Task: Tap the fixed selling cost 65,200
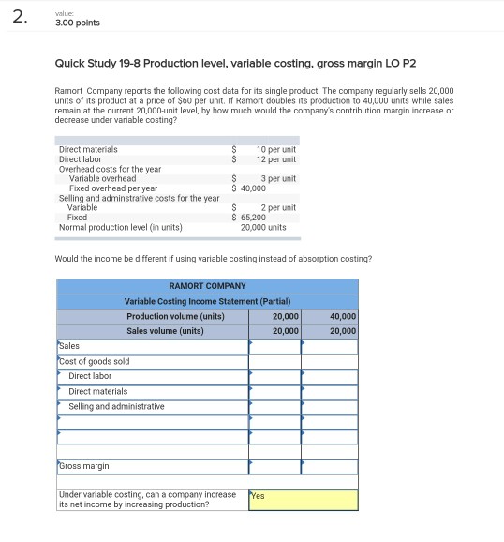click(250, 217)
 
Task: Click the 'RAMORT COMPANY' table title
click(207, 286)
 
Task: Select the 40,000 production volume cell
click(343, 316)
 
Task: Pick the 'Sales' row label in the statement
click(70, 346)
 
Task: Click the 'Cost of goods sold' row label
click(95, 361)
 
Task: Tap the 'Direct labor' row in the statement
click(90, 376)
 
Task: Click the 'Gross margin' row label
click(84, 466)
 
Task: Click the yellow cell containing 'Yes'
click(303, 500)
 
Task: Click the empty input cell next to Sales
click(274, 346)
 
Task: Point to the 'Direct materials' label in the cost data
click(88, 149)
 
